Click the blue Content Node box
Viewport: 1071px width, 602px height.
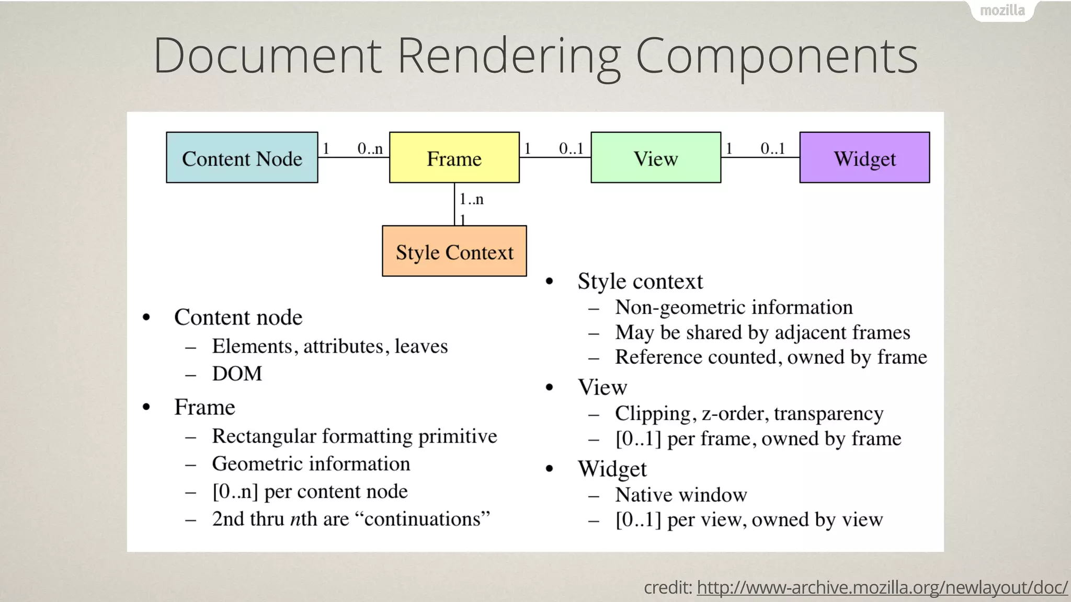(x=242, y=158)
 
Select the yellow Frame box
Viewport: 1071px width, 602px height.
(x=454, y=158)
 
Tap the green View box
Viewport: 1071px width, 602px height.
(x=656, y=158)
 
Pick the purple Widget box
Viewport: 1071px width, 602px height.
(x=864, y=158)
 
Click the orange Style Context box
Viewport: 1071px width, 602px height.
(x=454, y=251)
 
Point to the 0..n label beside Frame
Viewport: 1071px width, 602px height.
(x=370, y=149)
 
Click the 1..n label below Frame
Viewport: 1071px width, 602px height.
(x=471, y=199)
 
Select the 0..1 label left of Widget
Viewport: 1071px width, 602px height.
(x=772, y=149)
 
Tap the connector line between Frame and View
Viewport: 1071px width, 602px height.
(x=555, y=157)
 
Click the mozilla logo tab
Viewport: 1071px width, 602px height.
(x=1002, y=10)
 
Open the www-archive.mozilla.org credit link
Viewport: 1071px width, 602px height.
(x=882, y=588)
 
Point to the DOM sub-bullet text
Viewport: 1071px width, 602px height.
(x=237, y=374)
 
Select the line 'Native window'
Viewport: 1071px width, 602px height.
(x=681, y=495)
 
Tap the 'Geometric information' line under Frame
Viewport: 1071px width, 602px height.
(x=311, y=464)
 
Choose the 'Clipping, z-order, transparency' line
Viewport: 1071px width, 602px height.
(x=749, y=413)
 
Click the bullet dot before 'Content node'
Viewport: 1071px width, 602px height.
(x=146, y=317)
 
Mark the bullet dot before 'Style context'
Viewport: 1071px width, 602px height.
(x=549, y=282)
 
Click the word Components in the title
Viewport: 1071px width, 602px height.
(x=777, y=55)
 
